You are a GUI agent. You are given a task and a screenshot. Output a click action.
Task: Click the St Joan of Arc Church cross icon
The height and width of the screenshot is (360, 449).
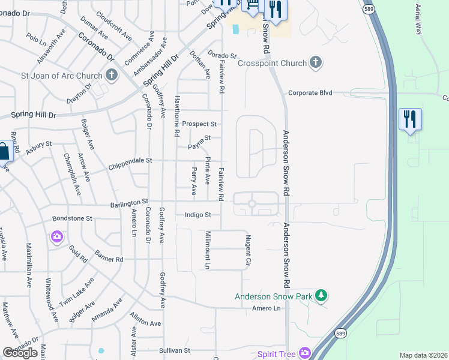coord(111,75)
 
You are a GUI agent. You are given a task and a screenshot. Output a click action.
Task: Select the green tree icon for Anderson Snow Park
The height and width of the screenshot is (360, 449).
coord(322,296)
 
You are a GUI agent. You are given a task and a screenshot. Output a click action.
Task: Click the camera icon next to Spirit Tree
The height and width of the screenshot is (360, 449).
coord(306,353)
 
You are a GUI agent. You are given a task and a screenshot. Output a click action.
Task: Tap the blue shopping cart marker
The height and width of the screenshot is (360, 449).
coord(252,6)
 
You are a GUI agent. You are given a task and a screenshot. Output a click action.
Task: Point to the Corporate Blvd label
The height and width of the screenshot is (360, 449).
coord(310,93)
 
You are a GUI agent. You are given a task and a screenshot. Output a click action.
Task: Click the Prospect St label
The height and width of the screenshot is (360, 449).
coord(199,124)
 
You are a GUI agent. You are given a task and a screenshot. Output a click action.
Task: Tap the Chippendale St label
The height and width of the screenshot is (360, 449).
coord(130,161)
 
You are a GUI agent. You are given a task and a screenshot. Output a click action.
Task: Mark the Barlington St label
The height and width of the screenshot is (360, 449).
coord(128,205)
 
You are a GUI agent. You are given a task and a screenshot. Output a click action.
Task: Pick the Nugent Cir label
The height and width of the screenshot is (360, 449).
coord(247,251)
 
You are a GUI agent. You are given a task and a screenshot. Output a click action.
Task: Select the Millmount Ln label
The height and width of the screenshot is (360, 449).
coord(208,250)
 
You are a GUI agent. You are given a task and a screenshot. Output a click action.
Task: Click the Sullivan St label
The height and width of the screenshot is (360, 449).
coord(174,350)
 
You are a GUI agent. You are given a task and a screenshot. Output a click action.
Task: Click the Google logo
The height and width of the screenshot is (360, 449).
coord(20,353)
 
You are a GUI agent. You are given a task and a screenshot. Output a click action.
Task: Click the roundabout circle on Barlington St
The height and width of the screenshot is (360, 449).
coord(252,204)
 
